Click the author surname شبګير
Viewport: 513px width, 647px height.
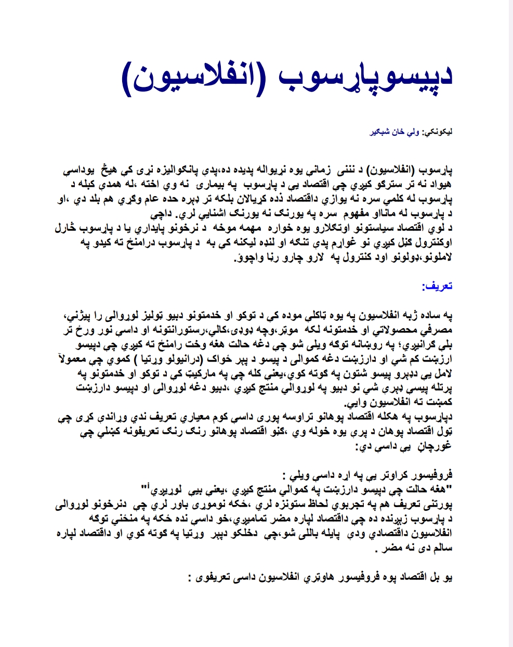376,132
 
